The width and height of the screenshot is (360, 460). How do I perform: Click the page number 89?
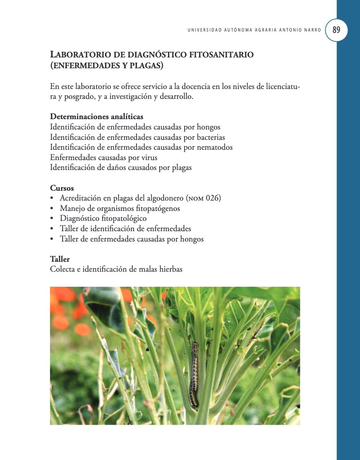tap(336, 30)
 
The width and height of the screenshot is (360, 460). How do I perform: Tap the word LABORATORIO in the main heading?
tap(77, 55)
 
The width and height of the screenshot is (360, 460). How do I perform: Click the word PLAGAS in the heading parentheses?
tap(146, 66)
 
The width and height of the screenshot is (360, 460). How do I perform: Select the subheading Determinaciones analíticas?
tap(96, 116)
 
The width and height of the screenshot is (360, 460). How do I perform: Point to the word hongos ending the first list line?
tap(208, 127)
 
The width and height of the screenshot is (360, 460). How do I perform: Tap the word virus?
tap(148, 157)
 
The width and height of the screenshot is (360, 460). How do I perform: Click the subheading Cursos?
tap(62, 188)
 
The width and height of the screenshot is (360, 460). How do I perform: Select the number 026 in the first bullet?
tap(213, 198)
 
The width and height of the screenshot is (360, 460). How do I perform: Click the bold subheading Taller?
tap(60, 259)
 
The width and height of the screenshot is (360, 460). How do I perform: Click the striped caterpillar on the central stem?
tap(193, 374)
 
